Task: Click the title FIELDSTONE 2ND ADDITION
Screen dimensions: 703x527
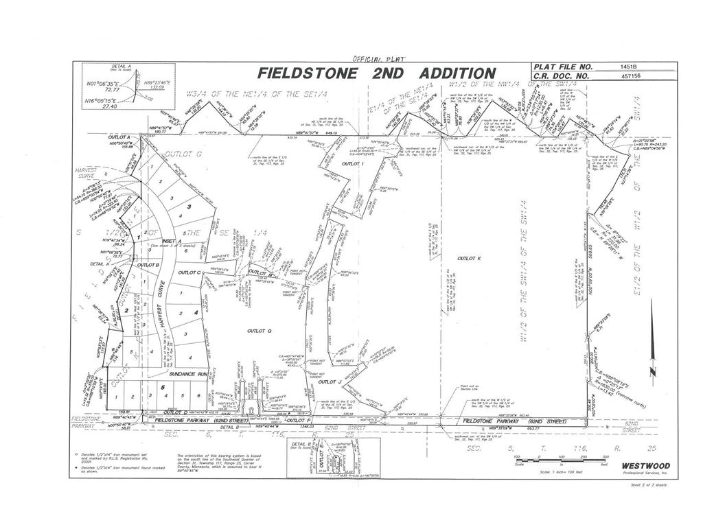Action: coord(376,73)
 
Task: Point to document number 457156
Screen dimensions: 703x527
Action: coord(628,76)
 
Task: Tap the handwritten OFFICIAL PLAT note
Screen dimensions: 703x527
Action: coord(378,58)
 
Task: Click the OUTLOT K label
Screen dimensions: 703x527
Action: coord(470,259)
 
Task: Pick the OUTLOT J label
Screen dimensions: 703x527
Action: coord(330,383)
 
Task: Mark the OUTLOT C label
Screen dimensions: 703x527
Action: coord(189,272)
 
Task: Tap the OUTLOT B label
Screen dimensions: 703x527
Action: coord(148,264)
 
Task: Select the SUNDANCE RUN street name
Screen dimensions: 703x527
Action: coord(188,374)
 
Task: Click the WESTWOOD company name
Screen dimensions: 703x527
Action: coord(646,466)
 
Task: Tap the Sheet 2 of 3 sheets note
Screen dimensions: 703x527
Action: coord(647,484)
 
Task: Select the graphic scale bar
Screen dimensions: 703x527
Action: coord(560,460)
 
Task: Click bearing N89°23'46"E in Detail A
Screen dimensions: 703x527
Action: coord(157,82)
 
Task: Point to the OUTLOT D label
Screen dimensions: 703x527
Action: coord(176,412)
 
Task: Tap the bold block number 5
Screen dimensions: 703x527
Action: coord(163,387)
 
